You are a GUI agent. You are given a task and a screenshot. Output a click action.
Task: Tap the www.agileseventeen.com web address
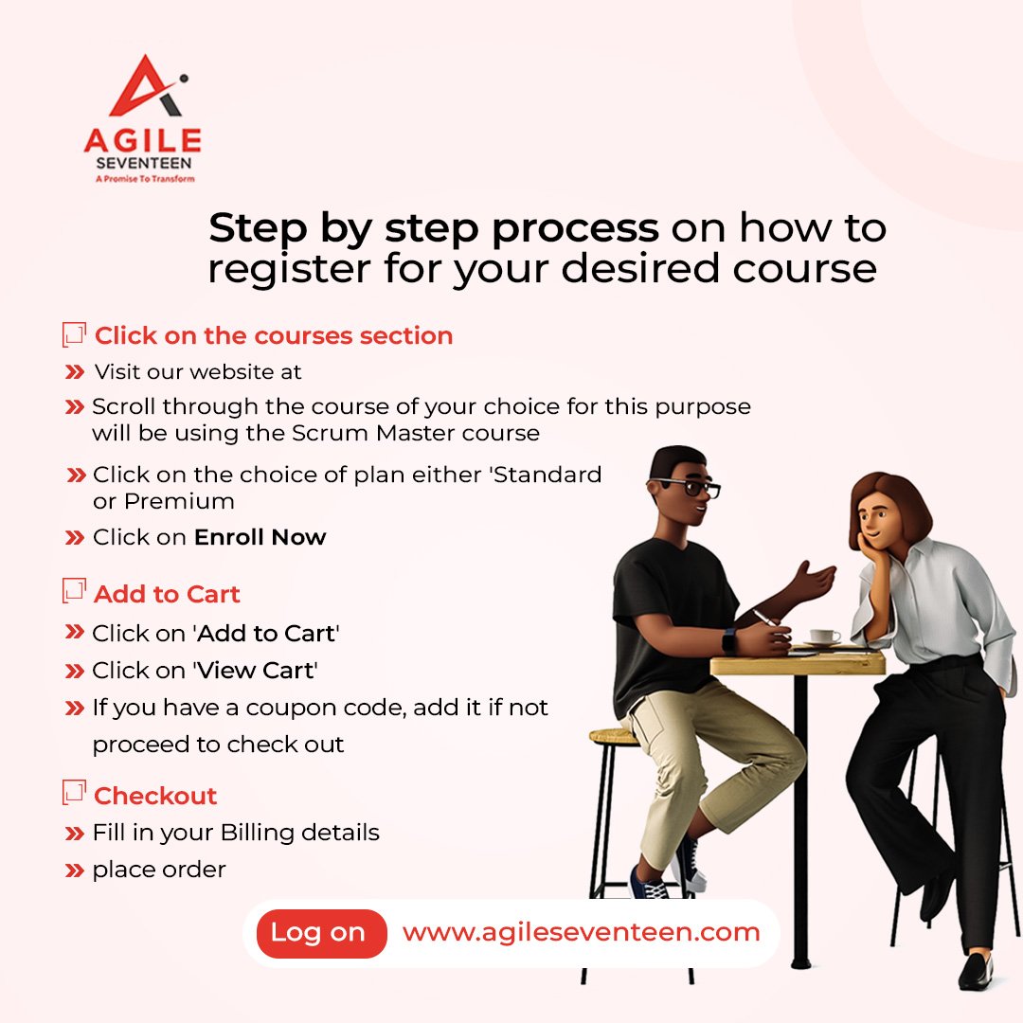581,932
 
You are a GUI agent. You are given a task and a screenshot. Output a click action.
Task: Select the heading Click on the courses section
273,335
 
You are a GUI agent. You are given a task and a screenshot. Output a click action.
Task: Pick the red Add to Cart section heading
167,594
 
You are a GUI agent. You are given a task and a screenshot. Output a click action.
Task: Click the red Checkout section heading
155,796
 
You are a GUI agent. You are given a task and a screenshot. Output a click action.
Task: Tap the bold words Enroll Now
260,537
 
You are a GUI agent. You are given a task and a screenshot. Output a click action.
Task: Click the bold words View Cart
255,671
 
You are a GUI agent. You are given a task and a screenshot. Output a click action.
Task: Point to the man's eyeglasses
693,488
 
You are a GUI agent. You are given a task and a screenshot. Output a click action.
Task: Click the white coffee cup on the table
822,636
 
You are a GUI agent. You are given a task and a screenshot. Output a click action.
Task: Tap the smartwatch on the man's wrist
728,639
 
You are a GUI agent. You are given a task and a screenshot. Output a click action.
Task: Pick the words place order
159,870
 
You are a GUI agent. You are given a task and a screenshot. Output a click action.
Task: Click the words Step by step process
433,228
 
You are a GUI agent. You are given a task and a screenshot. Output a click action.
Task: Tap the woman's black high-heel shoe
975,970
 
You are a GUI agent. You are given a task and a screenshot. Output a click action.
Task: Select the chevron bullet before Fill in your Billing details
74,834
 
